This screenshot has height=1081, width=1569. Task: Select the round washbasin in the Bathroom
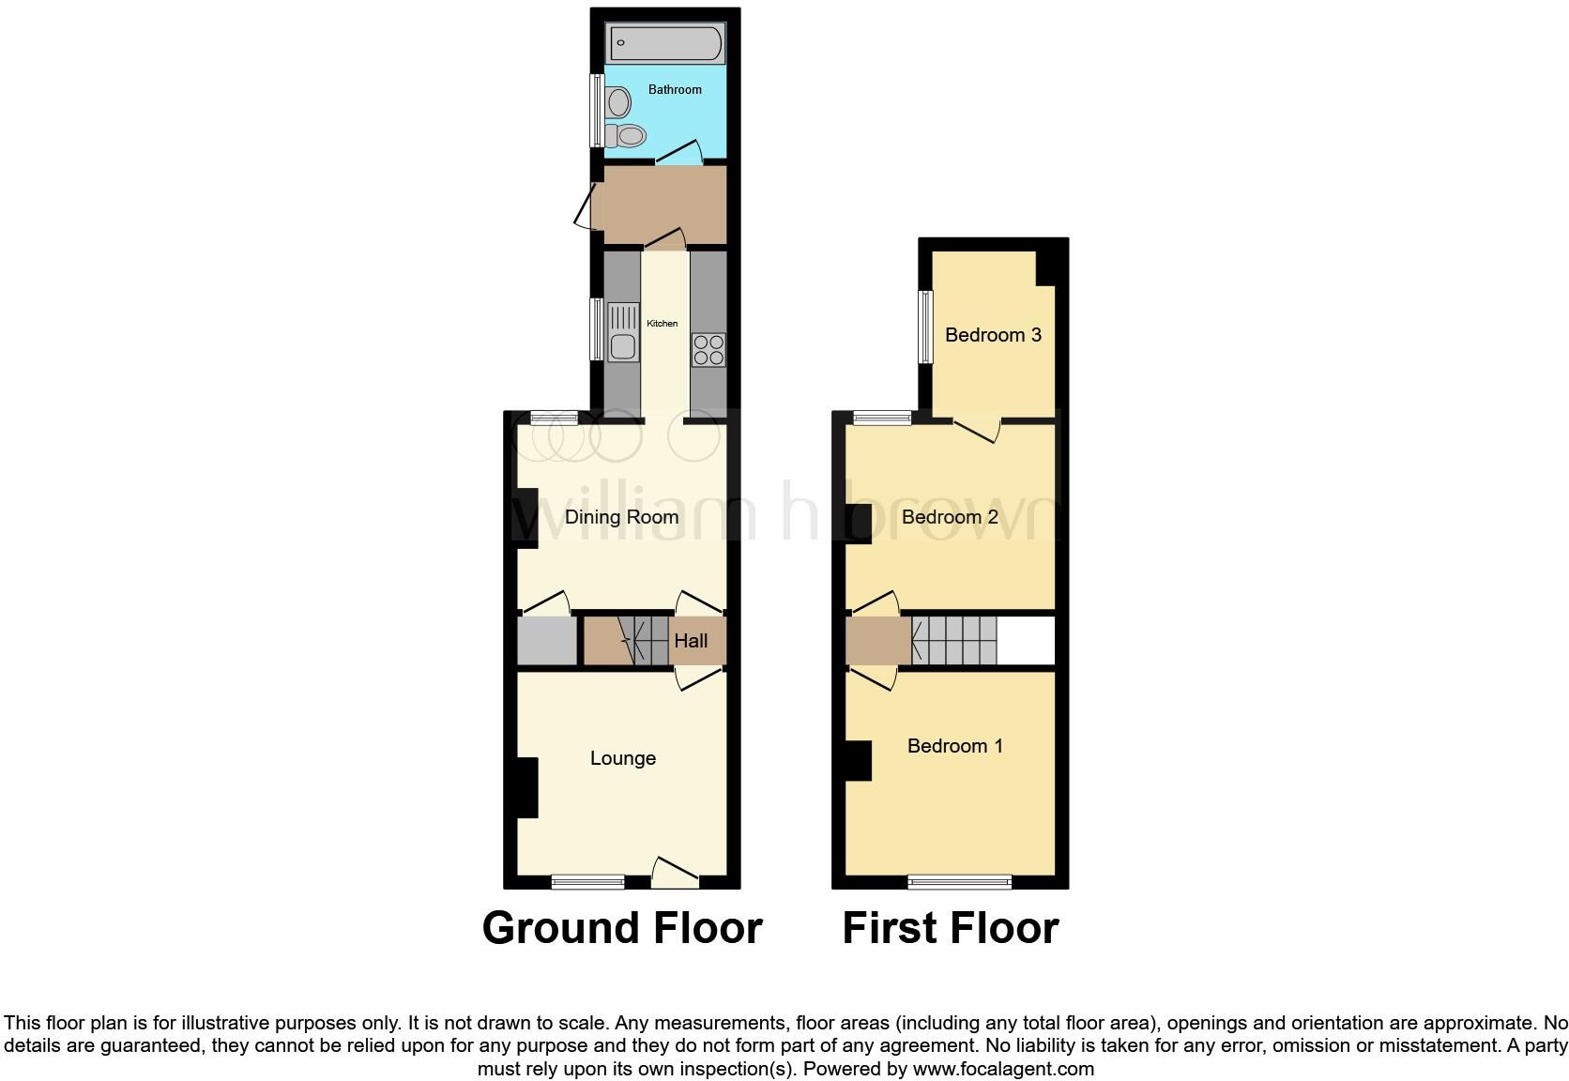618,99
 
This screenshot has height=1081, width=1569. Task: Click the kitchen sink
623,332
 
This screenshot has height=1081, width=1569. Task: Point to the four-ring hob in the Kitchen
708,349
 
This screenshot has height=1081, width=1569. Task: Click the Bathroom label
675,90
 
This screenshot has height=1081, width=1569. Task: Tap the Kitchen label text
662,324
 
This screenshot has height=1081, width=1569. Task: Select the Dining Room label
621,517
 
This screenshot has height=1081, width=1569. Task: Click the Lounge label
622,758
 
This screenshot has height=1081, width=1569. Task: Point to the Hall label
691,641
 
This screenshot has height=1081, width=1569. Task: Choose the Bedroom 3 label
993,335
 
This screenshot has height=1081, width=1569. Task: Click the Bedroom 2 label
950,517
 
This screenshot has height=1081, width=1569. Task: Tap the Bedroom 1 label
954,746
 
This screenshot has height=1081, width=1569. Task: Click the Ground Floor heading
621,928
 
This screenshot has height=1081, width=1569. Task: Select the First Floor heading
950,928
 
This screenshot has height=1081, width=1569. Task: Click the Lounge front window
587,881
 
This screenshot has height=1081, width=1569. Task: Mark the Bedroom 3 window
926,326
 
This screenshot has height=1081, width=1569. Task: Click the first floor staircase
953,640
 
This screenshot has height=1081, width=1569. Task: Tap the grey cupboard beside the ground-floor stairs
546,640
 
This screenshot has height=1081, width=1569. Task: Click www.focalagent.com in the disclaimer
1003,1069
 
